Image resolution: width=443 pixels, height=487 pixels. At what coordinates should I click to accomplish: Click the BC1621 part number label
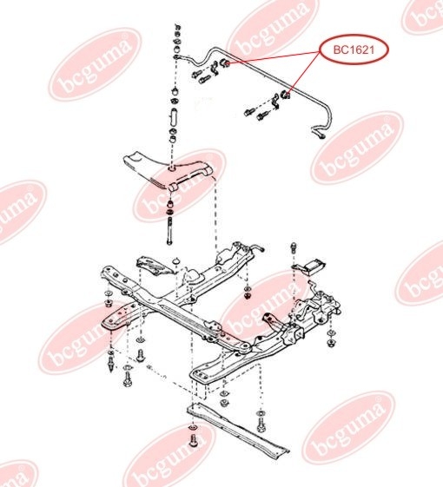coord(354,49)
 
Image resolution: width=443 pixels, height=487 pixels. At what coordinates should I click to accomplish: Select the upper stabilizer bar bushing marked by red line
coord(225,63)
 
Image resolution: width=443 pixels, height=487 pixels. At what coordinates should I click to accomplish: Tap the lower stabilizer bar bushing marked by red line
coord(285,95)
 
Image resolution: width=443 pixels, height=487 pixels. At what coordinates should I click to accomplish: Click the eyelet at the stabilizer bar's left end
coord(176,56)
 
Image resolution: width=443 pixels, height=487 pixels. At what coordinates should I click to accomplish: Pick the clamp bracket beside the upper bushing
coord(215,69)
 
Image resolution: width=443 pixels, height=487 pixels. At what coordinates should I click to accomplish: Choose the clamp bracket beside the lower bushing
coord(275,102)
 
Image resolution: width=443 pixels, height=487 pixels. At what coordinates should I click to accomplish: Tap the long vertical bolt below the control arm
coord(169,231)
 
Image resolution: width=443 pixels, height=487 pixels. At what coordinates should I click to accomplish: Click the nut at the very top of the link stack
coord(177,26)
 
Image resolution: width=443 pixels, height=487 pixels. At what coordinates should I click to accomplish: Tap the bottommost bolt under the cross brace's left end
coord(194,440)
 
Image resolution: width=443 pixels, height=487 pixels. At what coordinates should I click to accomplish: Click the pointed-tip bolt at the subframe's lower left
coord(111,364)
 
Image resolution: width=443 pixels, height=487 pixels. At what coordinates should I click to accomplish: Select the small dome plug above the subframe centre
coord(176,260)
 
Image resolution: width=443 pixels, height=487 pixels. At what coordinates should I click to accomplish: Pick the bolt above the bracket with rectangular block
coord(294,247)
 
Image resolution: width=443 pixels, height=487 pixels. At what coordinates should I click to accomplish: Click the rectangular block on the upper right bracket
coord(316,267)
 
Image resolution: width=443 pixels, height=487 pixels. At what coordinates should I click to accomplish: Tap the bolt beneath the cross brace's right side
coord(261,424)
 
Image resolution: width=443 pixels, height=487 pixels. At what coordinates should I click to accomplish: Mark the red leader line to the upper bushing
coord(274,58)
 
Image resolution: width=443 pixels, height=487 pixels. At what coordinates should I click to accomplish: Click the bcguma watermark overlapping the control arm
coord(180,186)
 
